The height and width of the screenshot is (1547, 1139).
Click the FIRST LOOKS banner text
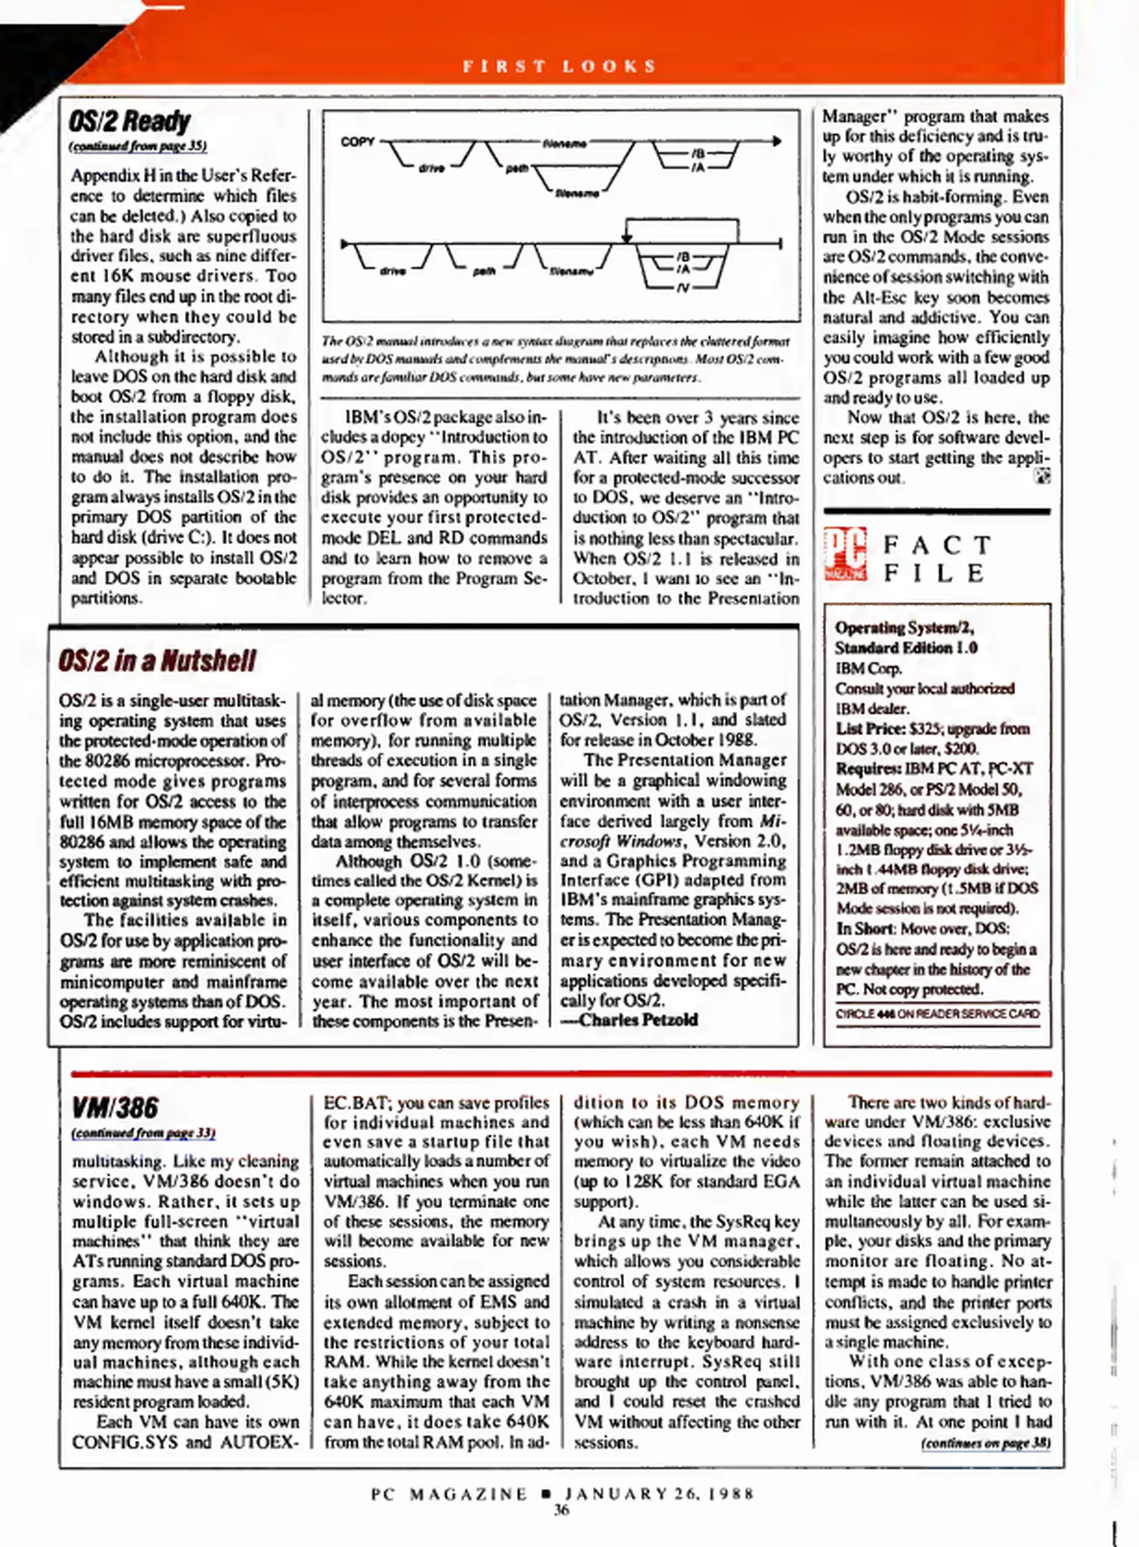pyautogui.click(x=559, y=67)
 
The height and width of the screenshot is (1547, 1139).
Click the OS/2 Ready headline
pyautogui.click(x=130, y=122)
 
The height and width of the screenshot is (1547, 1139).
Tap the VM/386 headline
pyautogui.click(x=115, y=1108)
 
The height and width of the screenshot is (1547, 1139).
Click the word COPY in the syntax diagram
pyautogui.click(x=357, y=142)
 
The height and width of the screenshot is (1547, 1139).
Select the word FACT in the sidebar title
pyautogui.click(x=936, y=545)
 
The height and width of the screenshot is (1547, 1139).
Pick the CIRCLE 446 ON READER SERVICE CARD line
pyautogui.click(x=936, y=1014)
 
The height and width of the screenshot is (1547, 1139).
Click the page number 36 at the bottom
pyautogui.click(x=561, y=1510)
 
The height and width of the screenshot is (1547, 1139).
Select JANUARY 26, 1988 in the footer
pyautogui.click(x=659, y=1494)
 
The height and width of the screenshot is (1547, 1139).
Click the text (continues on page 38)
pyautogui.click(x=986, y=1443)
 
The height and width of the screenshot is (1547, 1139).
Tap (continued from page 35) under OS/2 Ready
pyautogui.click(x=138, y=146)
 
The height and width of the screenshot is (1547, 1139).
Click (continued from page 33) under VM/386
pyautogui.click(x=143, y=1133)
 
